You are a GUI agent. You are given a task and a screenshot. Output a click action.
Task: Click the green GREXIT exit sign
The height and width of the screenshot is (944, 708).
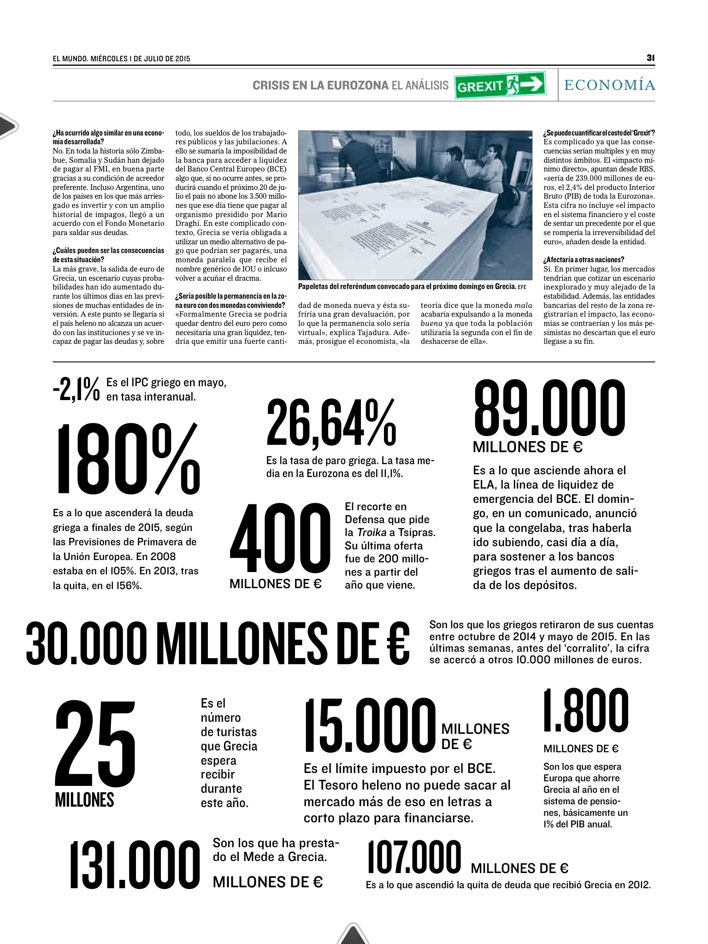tap(501, 85)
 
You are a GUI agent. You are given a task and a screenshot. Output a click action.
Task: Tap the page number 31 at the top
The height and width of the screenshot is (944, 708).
tap(650, 58)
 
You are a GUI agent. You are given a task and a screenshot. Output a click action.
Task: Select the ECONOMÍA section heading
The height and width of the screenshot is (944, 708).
tap(609, 85)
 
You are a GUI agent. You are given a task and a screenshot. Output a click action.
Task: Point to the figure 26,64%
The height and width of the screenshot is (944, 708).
tap(331, 423)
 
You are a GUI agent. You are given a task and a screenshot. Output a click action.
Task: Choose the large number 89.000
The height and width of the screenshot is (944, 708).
tap(549, 408)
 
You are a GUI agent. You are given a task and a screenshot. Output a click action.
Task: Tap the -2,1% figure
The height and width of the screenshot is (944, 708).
tap(76, 389)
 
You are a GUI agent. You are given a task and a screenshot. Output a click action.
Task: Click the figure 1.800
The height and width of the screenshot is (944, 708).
tap(585, 711)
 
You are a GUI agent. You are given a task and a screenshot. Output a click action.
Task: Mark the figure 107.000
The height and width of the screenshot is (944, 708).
tap(414, 857)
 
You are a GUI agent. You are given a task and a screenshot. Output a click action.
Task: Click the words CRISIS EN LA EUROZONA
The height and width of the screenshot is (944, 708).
tap(320, 85)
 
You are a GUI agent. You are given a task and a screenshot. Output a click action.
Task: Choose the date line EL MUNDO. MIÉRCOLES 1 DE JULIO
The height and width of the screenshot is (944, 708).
tap(122, 59)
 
